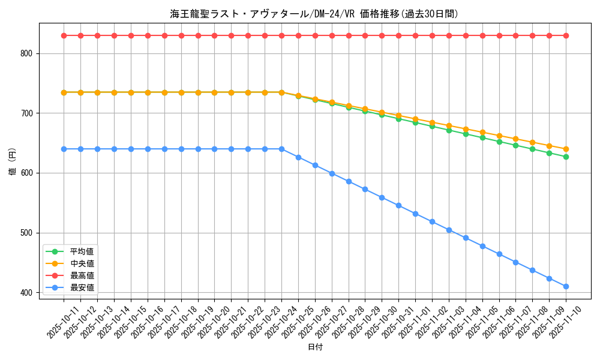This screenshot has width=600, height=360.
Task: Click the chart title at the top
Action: (x=314, y=14)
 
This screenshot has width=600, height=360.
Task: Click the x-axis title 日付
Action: (x=314, y=347)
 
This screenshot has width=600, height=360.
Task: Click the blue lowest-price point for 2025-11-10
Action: (x=566, y=286)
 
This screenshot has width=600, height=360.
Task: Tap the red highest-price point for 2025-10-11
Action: (x=64, y=35)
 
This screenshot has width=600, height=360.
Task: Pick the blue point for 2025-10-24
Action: (x=281, y=149)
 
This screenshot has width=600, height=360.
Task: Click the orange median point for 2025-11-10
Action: (x=566, y=149)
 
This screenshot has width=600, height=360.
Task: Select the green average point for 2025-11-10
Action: (x=566, y=157)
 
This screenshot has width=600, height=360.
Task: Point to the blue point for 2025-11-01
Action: (x=415, y=214)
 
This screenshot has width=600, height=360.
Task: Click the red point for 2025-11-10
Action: (x=566, y=35)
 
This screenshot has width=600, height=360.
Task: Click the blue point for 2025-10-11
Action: (x=64, y=149)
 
